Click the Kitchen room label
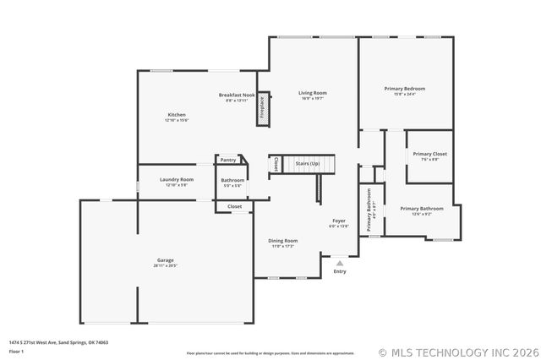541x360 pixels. (x=177, y=115)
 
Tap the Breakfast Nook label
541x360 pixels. (x=237, y=95)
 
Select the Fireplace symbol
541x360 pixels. (x=263, y=110)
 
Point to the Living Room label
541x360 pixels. (x=312, y=93)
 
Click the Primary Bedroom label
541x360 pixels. (x=404, y=89)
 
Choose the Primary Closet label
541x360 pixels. (x=429, y=154)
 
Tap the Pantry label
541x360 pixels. (x=228, y=160)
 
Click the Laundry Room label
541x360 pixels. (x=177, y=180)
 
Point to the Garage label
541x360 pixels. (x=165, y=260)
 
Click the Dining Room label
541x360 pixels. (x=282, y=241)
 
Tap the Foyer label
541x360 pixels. (x=338, y=221)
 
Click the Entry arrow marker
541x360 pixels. (x=340, y=263)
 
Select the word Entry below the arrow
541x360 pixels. (x=340, y=271)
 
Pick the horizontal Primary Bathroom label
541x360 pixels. (x=421, y=209)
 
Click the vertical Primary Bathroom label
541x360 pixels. (x=369, y=210)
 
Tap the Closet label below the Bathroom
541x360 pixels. (x=234, y=206)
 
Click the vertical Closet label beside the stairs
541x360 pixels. (x=276, y=164)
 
